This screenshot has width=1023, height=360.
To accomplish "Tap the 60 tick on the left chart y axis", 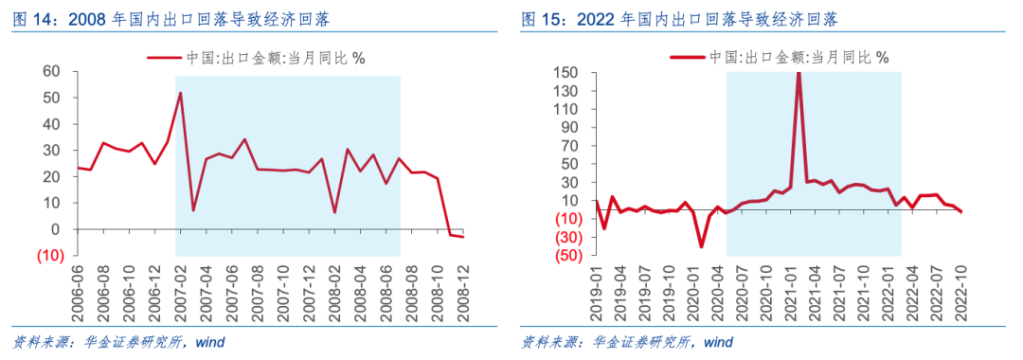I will pos(49,71).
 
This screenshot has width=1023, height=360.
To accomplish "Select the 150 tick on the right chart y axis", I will pos(565,73).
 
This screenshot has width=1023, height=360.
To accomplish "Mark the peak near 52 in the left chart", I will pos(180,93).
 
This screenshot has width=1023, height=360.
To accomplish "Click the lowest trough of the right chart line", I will pos(702,246).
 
